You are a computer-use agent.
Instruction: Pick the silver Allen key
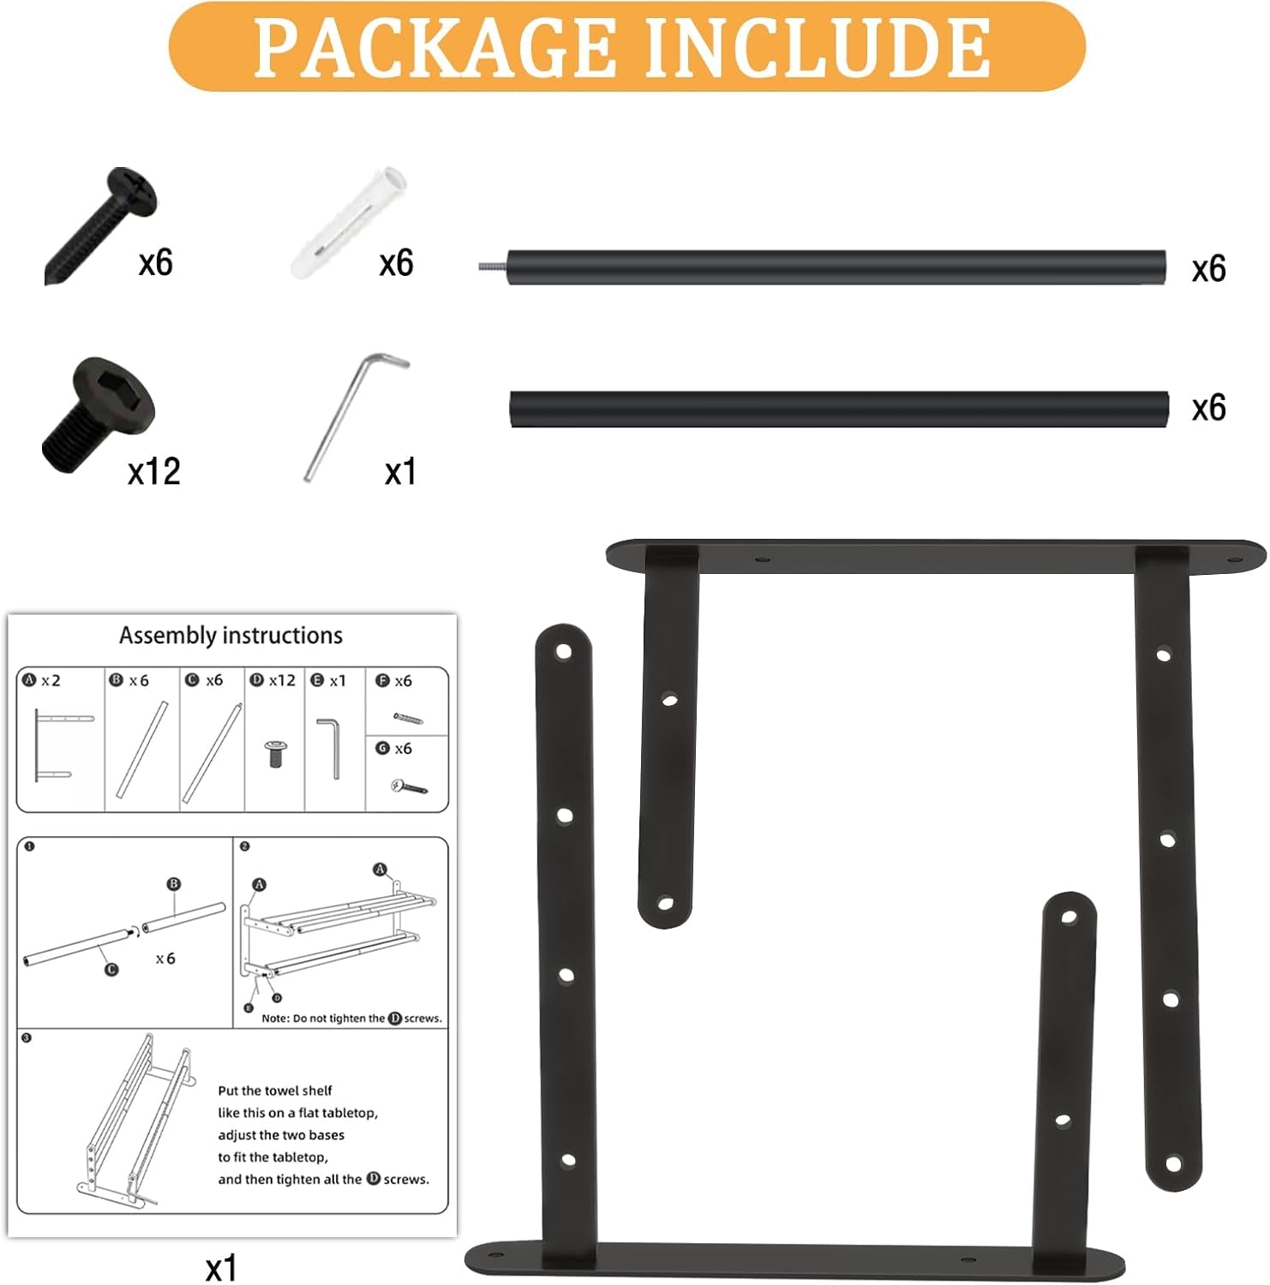pos(352,416)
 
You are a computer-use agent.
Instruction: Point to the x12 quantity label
pos(154,472)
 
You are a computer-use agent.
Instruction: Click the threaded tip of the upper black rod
pos(493,267)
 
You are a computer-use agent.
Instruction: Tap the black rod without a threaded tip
pos(838,409)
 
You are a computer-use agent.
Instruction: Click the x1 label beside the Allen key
pos(400,472)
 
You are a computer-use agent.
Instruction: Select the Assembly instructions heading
pos(231,636)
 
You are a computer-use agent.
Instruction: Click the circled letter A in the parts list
pos(30,680)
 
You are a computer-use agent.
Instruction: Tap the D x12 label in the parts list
pos(273,680)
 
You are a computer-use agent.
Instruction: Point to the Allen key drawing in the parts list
pos(331,748)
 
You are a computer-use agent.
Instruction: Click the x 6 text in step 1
pos(165,959)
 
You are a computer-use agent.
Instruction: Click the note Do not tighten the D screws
pos(351,1019)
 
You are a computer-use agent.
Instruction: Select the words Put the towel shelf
pos(274,1091)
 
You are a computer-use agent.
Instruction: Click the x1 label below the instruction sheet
pos(220,1268)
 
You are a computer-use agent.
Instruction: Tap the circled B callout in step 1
pos(173,884)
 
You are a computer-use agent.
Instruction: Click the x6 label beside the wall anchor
pos(396,263)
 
